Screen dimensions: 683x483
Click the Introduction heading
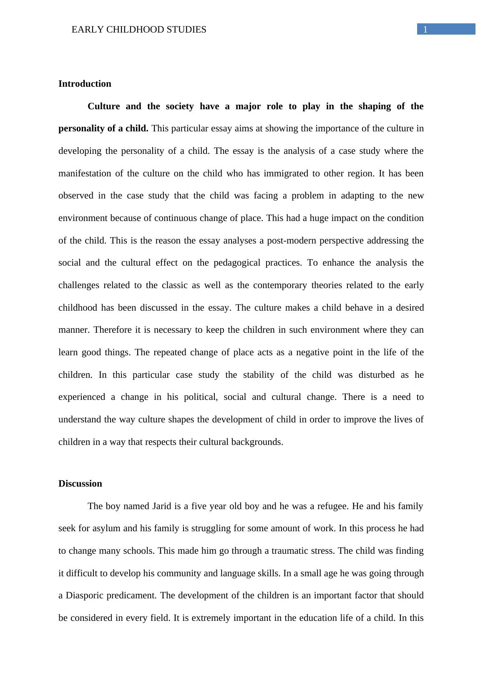[x=85, y=84]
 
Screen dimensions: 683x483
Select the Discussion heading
[x=80, y=484]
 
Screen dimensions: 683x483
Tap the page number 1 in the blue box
[x=425, y=29]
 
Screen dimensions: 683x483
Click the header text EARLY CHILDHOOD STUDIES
[x=139, y=30]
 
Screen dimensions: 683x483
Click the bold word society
[x=180, y=106]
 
